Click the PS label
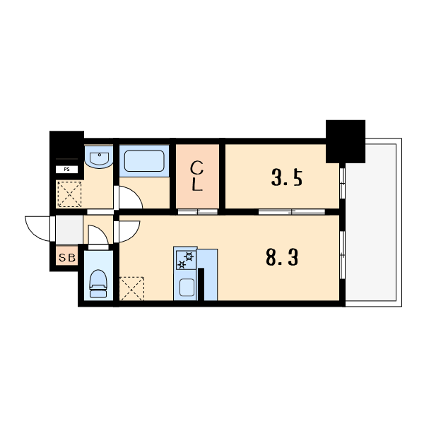point(66,170)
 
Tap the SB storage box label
point(67,258)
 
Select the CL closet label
point(197,176)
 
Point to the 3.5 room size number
point(286,177)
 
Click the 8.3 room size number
point(282,257)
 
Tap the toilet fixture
point(98,283)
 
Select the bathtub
point(144,161)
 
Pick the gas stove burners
point(186,260)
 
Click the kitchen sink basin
point(187,287)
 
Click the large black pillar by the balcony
point(346,141)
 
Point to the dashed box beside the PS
point(69,194)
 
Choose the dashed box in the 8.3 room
point(131,288)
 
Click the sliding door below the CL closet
point(198,212)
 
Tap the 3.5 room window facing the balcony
point(342,183)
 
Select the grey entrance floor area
point(69,230)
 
